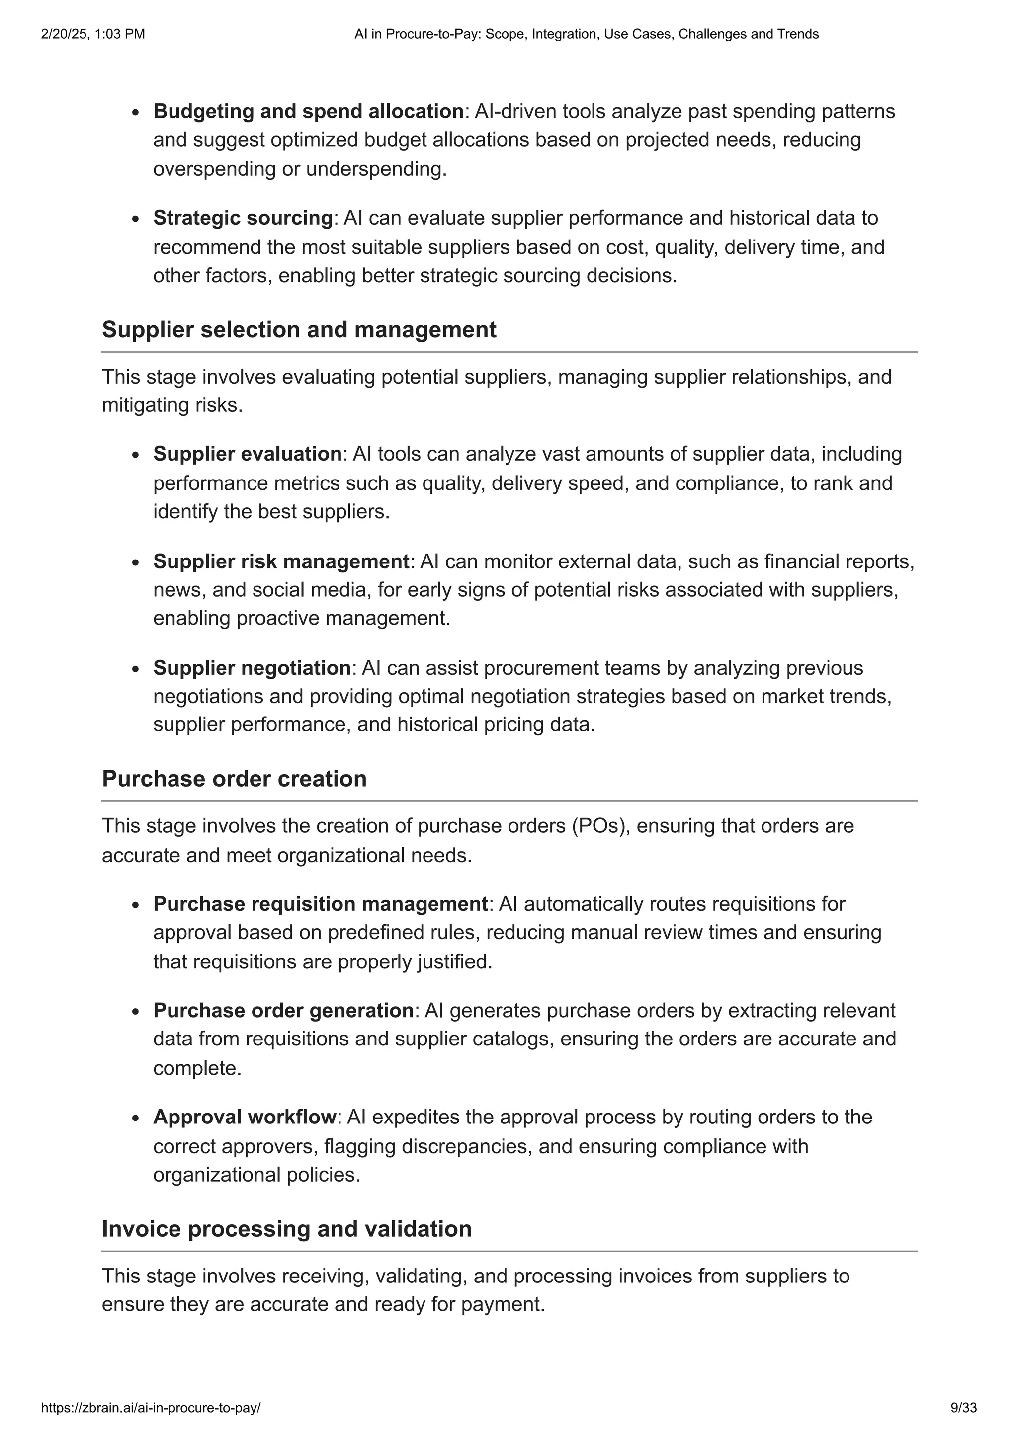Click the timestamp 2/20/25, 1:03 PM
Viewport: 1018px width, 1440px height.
[93, 34]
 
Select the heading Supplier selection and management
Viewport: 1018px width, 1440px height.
[299, 330]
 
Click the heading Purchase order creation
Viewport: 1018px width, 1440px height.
[234, 779]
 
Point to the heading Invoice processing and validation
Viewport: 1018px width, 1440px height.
[287, 1229]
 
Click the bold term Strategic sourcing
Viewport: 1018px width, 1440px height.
[243, 218]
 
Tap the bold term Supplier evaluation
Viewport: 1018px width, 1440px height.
[247, 454]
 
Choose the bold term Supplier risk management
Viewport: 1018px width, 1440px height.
[281, 561]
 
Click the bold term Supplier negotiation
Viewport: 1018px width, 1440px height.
[252, 668]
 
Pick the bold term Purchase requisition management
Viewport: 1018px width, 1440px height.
[320, 904]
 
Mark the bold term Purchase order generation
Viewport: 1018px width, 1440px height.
[283, 1010]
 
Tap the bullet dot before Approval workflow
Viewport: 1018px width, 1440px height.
[136, 1118]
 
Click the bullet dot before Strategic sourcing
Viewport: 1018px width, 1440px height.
[136, 219]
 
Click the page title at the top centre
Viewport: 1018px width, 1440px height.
[586, 34]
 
